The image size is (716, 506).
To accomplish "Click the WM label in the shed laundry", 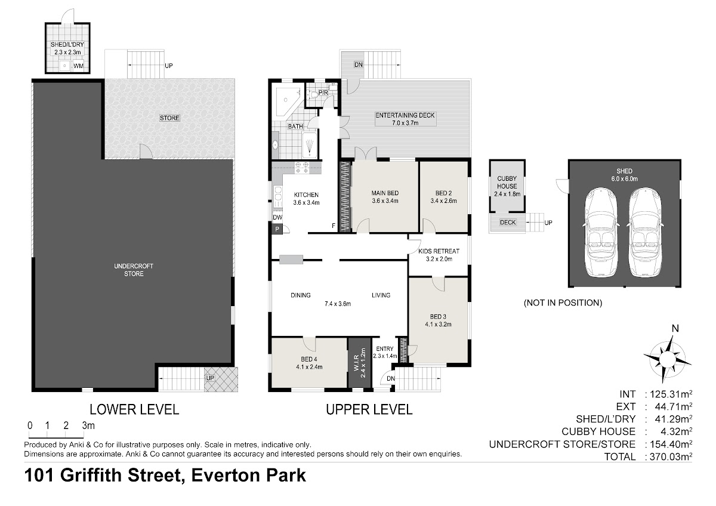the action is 78,66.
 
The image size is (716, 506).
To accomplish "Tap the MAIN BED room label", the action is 385,193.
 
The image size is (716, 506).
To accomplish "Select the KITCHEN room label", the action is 306,195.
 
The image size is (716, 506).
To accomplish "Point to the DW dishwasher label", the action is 277,217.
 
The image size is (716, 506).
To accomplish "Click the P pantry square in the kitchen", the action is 277,229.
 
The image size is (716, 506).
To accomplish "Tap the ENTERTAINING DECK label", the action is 405,115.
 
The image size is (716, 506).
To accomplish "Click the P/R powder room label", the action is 323,92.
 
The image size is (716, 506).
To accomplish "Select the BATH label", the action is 295,126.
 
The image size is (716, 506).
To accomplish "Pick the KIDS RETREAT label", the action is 439,251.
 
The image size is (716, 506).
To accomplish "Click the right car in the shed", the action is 645,232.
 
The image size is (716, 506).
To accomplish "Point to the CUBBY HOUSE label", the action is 507,182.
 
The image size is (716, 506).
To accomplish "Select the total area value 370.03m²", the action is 671,456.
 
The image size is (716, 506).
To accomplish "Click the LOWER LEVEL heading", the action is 134,409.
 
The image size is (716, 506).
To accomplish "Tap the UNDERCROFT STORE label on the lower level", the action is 134,270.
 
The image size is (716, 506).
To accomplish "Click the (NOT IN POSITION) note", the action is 563,303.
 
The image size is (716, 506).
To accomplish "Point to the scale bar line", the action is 56,437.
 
